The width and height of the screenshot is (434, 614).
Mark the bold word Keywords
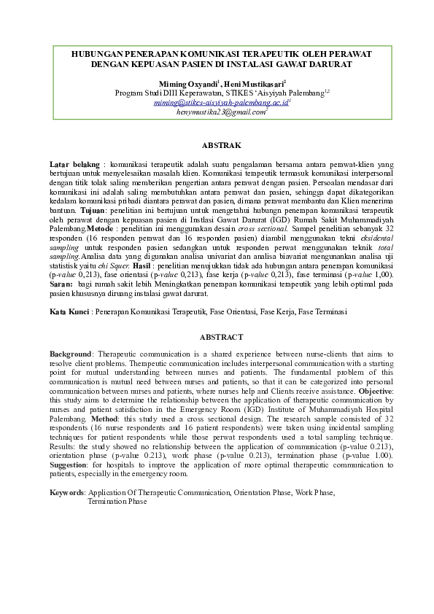point(66,492)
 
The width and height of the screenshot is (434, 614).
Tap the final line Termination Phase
point(117,502)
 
